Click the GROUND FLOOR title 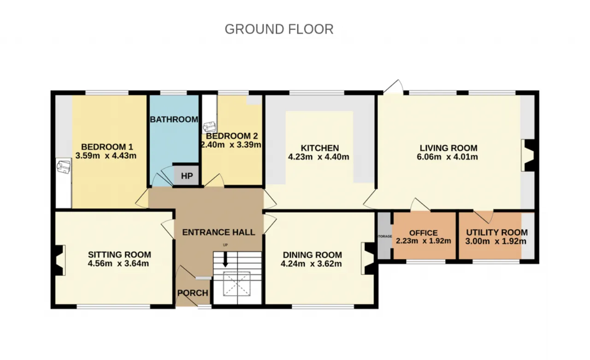coord(279,29)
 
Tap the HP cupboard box coord(187,175)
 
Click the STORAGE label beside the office coord(385,236)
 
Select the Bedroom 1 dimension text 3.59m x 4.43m coord(106,156)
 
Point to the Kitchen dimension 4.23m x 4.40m coord(319,157)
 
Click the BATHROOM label coord(174,119)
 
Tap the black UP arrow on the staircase coord(225,260)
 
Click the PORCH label coord(193,293)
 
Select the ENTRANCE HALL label coord(218,232)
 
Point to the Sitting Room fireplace coord(60,260)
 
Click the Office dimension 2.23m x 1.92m coord(423,241)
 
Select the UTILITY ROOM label coord(497,232)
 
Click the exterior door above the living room coord(393,87)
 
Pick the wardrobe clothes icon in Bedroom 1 coord(64,167)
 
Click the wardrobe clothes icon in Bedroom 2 coord(209,127)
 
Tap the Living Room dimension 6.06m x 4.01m coord(447,157)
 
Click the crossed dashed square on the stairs coord(237,283)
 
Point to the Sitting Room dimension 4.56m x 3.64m coord(118,263)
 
